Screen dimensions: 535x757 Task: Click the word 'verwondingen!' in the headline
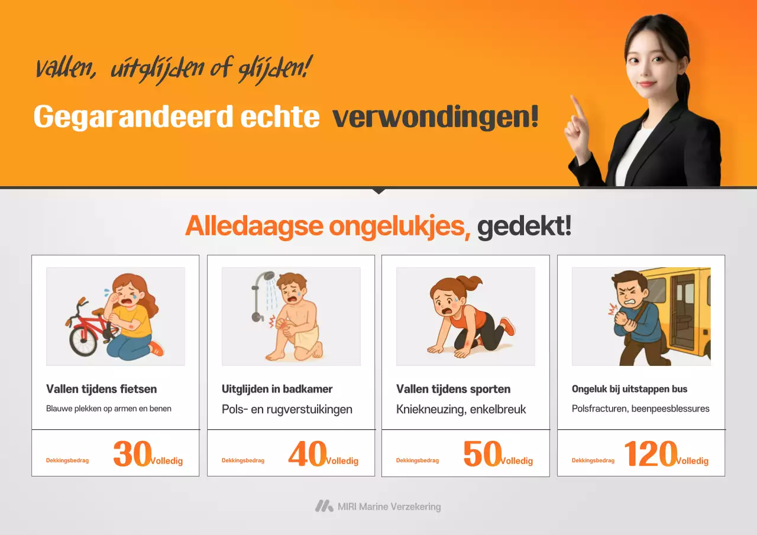coord(435,117)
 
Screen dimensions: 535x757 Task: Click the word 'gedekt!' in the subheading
coord(524,226)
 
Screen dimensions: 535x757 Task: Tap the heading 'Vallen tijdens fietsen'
coord(101,389)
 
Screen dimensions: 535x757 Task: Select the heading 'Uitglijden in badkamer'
coord(277,389)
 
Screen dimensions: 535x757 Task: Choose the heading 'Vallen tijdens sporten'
coord(453,389)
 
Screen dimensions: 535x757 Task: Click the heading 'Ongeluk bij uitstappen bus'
coord(629,389)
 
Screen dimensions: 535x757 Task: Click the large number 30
coord(132,454)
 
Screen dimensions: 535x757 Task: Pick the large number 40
coord(307,454)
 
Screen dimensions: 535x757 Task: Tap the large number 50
coord(482,454)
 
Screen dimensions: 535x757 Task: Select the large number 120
coord(650,454)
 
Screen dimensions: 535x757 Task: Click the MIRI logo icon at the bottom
coord(323,506)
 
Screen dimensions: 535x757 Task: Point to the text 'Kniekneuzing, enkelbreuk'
coord(461,409)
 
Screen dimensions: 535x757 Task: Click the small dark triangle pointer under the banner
coord(378,191)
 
